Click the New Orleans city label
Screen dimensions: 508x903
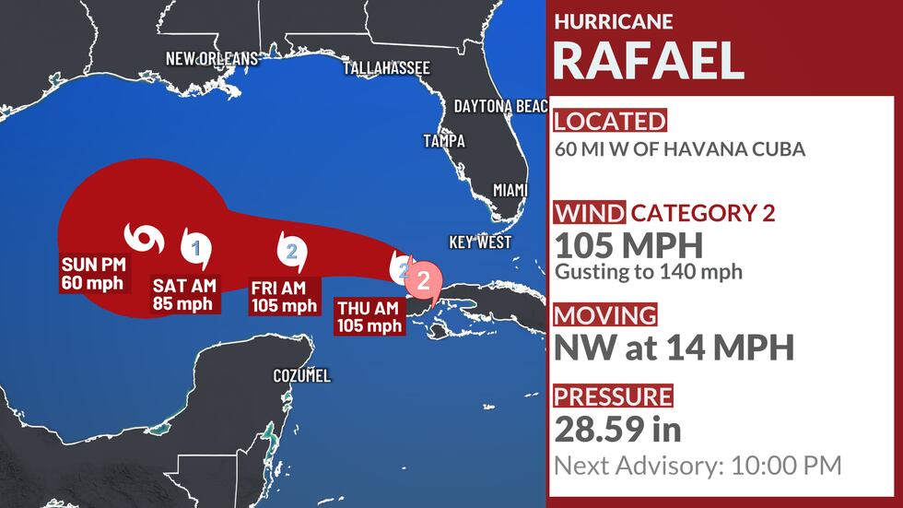212,59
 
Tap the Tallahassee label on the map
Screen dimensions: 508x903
386,68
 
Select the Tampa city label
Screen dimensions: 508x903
444,141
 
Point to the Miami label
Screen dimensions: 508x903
510,190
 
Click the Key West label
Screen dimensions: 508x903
480,242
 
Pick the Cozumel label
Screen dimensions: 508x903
301,376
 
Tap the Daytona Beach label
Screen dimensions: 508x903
500,107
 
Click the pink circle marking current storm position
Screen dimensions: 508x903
424,278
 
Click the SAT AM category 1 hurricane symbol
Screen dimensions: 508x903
195,247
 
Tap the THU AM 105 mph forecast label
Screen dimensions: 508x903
369,317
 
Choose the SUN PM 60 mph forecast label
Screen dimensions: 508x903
92,274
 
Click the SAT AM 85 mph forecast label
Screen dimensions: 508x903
182,295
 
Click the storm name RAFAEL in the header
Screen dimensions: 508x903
648,60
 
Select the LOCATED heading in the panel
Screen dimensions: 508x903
608,121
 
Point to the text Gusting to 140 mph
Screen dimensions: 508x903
648,272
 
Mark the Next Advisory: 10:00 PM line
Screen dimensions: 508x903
698,466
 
